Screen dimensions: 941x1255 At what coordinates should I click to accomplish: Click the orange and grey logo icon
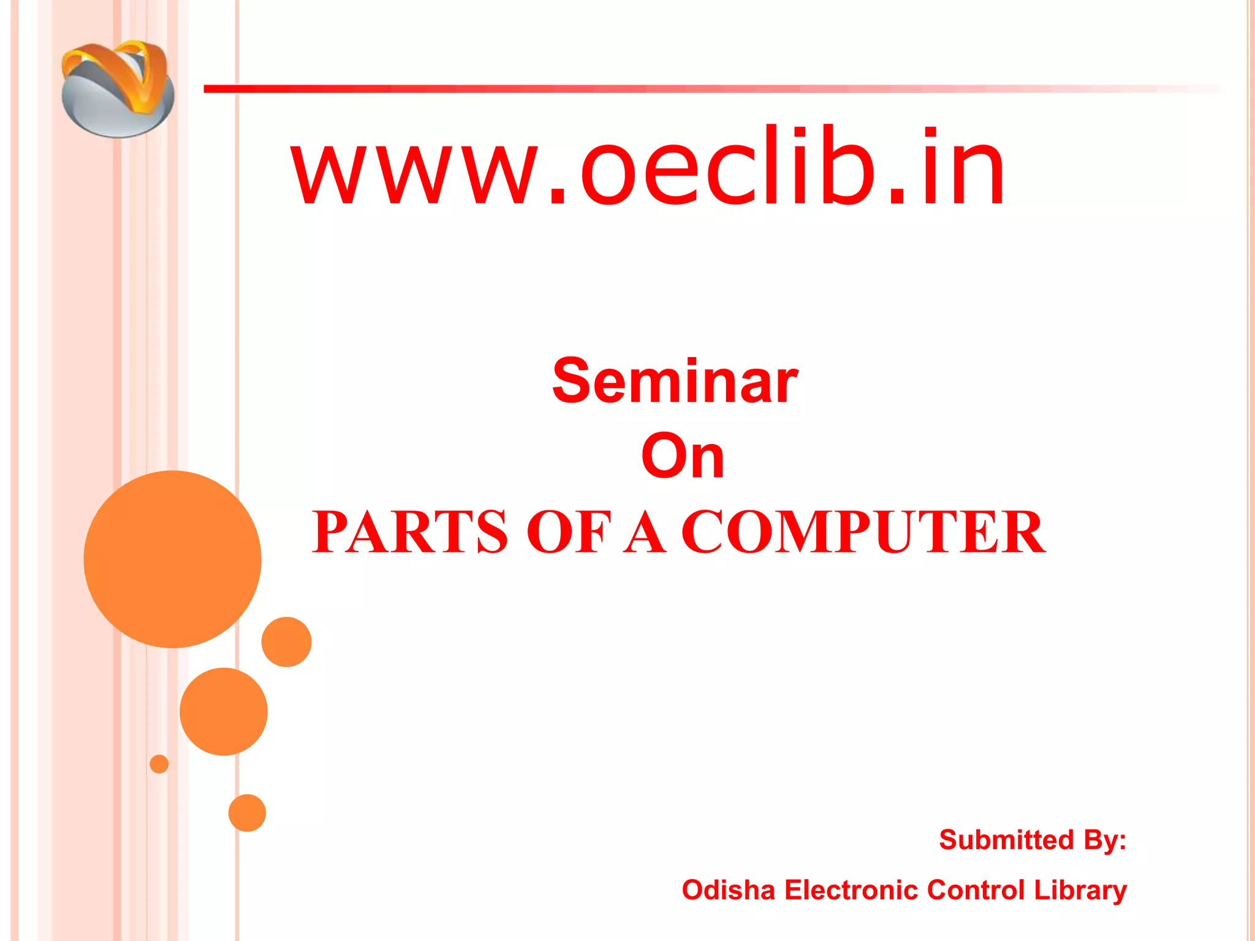[118, 89]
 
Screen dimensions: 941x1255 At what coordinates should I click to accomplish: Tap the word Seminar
[675, 382]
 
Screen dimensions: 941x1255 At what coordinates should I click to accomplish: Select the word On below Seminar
[683, 456]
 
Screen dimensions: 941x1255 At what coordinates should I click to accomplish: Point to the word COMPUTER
[863, 532]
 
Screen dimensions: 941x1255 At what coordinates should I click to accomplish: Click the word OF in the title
[569, 532]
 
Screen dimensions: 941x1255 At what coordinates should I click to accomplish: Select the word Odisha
[728, 890]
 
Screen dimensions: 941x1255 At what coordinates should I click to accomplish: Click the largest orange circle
[172, 559]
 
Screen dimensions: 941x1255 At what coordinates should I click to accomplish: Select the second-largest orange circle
[224, 711]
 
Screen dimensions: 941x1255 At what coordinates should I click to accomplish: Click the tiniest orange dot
[159, 764]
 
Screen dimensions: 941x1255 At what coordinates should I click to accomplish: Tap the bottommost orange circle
[247, 813]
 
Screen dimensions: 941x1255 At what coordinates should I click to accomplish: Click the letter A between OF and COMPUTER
[645, 532]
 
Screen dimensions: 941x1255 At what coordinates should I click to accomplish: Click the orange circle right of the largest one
[286, 641]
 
